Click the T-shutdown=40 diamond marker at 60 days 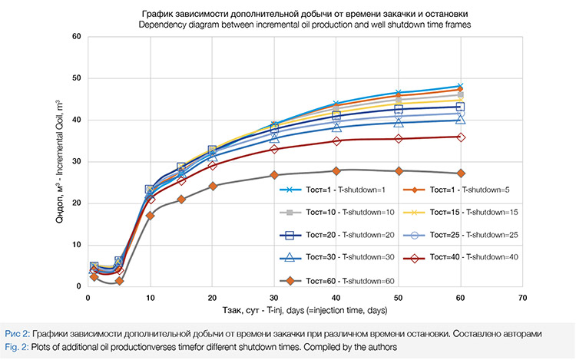click(460, 137)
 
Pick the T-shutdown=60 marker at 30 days click(274, 175)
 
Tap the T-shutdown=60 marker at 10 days click(151, 215)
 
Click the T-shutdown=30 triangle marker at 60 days click(460, 119)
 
